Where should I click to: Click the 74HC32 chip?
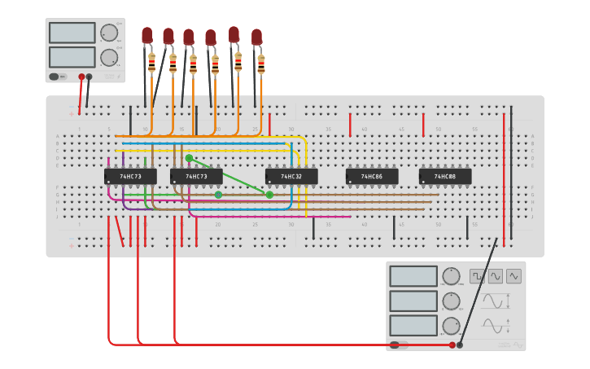(291, 176)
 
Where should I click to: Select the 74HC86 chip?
(372, 176)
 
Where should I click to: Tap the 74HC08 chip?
(444, 176)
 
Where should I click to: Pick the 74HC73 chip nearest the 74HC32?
(196, 176)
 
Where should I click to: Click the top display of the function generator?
(413, 276)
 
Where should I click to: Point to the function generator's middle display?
(413, 301)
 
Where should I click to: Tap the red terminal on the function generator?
(452, 345)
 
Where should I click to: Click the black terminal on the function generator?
(460, 345)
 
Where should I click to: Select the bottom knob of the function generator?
(451, 325)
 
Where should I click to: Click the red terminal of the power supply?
(81, 77)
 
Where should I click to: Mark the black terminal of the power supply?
(89, 77)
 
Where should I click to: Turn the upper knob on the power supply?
(108, 33)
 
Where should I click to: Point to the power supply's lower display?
(72, 57)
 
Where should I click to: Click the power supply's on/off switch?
(55, 77)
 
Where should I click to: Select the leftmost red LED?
(147, 35)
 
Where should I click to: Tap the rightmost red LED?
(257, 37)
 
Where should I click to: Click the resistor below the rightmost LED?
(261, 64)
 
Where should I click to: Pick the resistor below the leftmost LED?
(152, 62)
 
